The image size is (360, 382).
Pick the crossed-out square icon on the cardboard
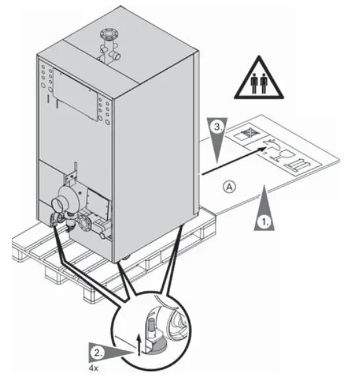click(242, 134)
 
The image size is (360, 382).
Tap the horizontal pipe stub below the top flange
click(116, 58)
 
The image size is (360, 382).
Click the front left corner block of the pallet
click(23, 248)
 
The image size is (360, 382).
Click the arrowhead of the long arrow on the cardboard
click(267, 151)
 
